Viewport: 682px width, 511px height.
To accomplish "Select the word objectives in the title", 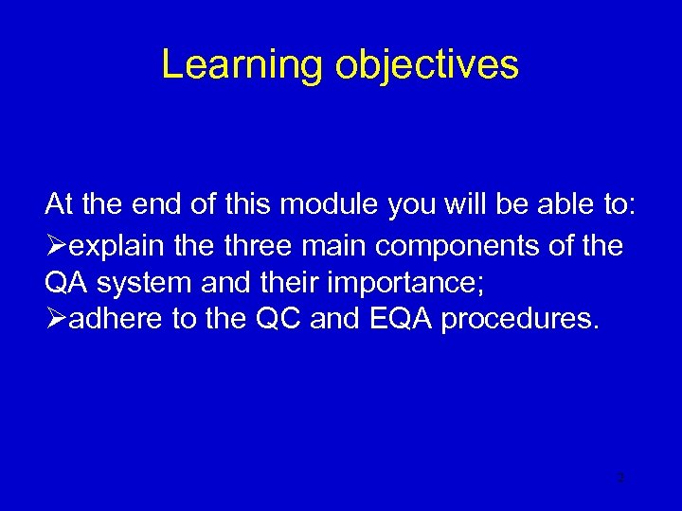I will coord(428,65).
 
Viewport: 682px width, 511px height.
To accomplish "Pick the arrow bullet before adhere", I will coord(55,319).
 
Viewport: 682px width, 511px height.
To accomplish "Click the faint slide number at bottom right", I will coord(619,478).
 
